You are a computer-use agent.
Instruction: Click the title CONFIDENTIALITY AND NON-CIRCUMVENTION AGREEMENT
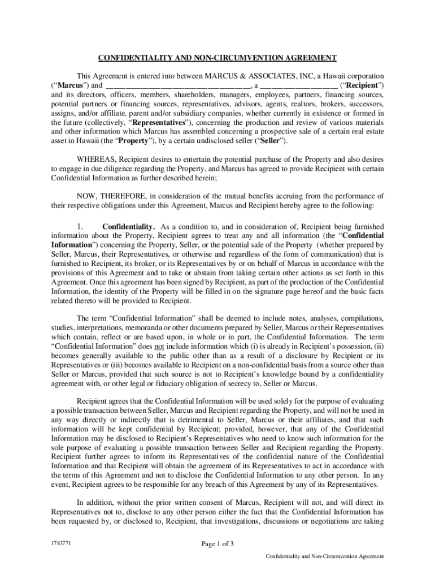pos(217,58)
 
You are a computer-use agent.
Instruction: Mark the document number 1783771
pos(62,543)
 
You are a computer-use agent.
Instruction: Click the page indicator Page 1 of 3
pos(217,545)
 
